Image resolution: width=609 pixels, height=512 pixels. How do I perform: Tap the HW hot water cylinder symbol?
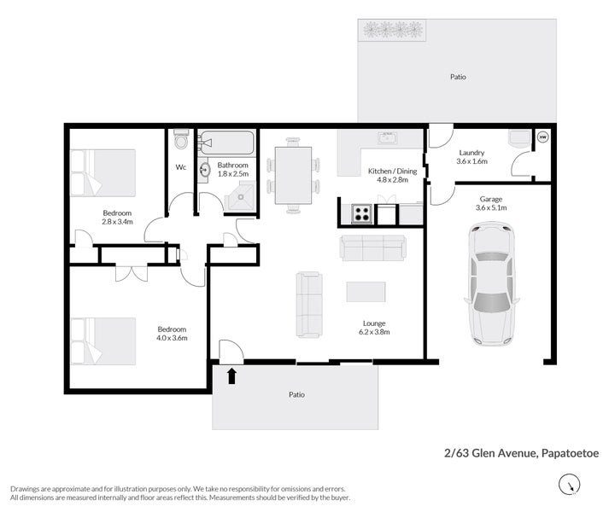pyautogui.click(x=542, y=137)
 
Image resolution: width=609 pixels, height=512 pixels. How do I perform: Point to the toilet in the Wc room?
pyautogui.click(x=180, y=137)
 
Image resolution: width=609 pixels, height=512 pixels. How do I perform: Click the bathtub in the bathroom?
pyautogui.click(x=226, y=141)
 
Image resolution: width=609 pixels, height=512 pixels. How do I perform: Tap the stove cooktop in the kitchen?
pyautogui.click(x=360, y=213)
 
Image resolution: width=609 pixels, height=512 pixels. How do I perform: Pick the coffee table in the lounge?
pyautogui.click(x=366, y=292)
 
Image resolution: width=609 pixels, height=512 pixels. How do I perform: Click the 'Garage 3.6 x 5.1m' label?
pyautogui.click(x=490, y=202)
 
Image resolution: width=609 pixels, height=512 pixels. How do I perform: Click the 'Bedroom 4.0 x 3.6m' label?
pyautogui.click(x=171, y=334)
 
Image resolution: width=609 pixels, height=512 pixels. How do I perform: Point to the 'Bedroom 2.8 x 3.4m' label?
pyautogui.click(x=117, y=218)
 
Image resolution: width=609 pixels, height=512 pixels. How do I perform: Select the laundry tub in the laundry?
pyautogui.click(x=518, y=139)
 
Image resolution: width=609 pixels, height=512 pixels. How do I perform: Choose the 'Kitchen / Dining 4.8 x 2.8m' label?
pyautogui.click(x=393, y=176)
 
